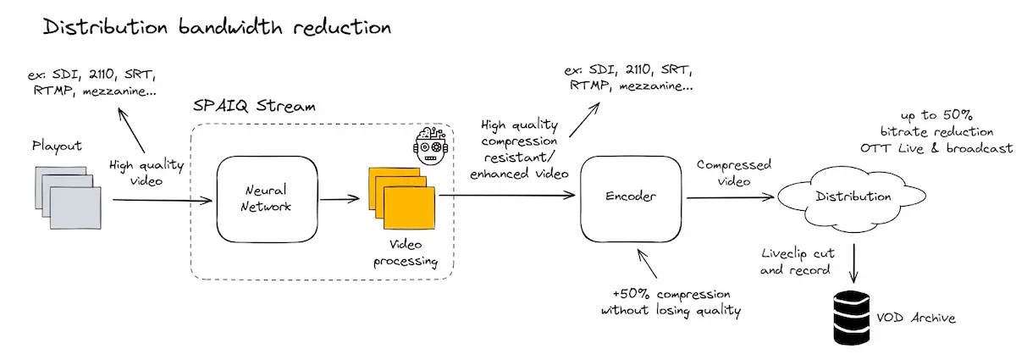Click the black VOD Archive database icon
tap(852, 318)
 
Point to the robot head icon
tap(430, 146)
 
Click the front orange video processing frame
tap(409, 208)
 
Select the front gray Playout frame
tap(75, 208)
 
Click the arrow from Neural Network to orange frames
tap(340, 199)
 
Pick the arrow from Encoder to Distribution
tap(730, 197)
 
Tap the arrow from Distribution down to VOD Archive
tap(854, 264)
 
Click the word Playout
tap(58, 147)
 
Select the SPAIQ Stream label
tap(254, 106)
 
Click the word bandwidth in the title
tap(230, 26)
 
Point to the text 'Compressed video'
tap(734, 173)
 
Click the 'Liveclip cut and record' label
tap(798, 262)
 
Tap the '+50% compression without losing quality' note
tap(671, 302)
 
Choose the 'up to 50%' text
tap(937, 115)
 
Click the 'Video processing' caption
tap(406, 253)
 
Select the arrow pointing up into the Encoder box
tap(647, 263)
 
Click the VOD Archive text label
tap(916, 318)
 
